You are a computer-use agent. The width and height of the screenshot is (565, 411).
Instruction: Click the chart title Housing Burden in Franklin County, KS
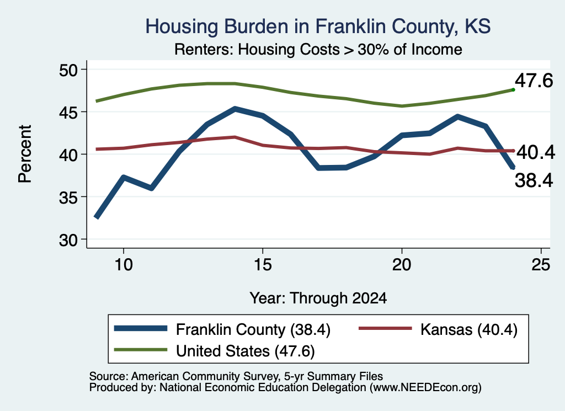click(x=318, y=26)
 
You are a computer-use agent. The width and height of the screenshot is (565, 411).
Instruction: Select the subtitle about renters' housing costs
click(x=318, y=49)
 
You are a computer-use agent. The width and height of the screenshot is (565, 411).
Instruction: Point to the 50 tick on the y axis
click(x=68, y=70)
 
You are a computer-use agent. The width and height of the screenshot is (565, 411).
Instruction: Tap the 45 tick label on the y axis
click(x=68, y=113)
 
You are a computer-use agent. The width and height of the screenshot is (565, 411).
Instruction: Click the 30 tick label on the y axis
click(x=68, y=240)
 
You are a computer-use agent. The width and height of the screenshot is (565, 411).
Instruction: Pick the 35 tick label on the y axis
click(x=68, y=198)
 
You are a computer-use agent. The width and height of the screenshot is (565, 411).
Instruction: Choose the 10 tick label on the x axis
click(x=124, y=265)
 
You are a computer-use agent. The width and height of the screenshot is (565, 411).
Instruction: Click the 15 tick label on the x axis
click(x=263, y=265)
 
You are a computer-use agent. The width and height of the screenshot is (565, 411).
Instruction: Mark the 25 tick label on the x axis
click(x=541, y=265)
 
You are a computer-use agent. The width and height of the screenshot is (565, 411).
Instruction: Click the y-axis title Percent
click(x=25, y=154)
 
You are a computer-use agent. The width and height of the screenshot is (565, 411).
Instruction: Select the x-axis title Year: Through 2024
click(x=318, y=298)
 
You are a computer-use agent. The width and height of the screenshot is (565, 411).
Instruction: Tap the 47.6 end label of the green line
click(x=534, y=81)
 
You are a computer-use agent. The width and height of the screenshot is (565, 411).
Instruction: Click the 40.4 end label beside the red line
click(x=536, y=153)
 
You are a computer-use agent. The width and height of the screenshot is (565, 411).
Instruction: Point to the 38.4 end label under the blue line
click(x=534, y=180)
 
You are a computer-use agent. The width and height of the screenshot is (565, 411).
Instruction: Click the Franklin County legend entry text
click(x=253, y=329)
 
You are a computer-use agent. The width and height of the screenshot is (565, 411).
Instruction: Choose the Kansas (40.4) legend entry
click(x=469, y=329)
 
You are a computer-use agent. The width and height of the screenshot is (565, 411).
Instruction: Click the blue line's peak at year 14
click(x=234, y=109)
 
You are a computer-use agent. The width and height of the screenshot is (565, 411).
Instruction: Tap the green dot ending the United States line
click(x=513, y=90)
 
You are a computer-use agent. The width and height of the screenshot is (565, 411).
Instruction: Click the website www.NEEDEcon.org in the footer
click(x=425, y=388)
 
